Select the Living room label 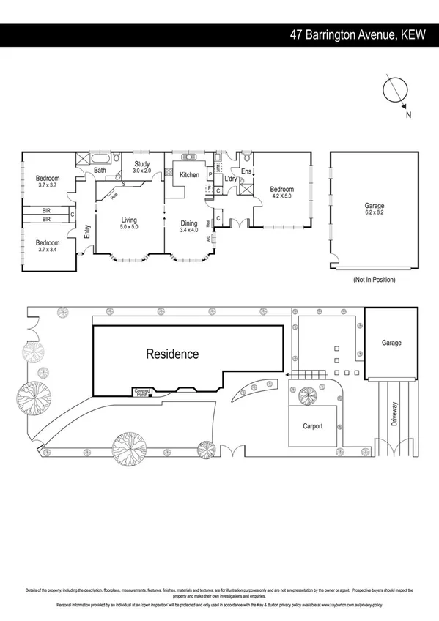[x=129, y=223]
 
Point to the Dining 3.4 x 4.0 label [x=189, y=227]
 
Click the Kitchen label [x=189, y=175]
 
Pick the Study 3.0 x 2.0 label [x=141, y=168]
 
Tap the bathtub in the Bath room [x=100, y=159]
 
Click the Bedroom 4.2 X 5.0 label [x=281, y=192]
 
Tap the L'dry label [x=231, y=179]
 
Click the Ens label [x=246, y=172]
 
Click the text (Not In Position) [x=374, y=280]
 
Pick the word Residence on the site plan [x=172, y=354]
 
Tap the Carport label [x=314, y=425]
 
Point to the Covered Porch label [x=141, y=393]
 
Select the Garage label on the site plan [x=391, y=343]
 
